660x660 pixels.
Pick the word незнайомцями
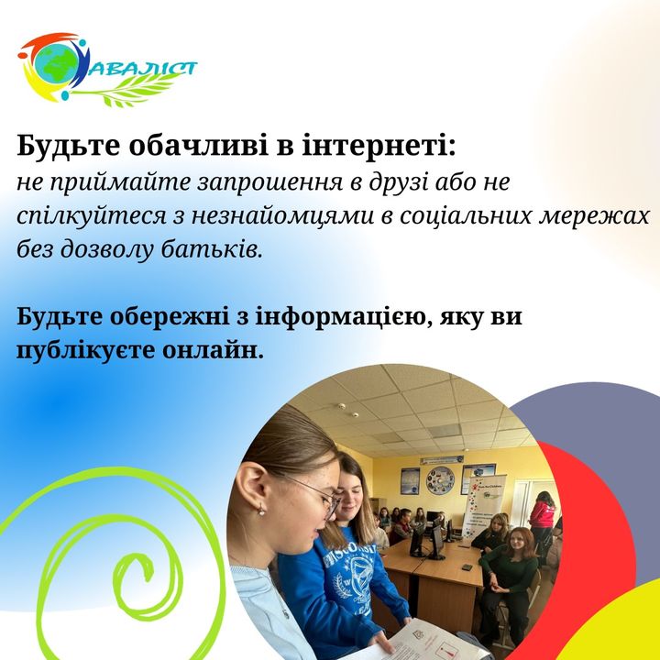tap(283, 217)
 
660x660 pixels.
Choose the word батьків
tap(213, 249)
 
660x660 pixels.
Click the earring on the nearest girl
tap(261, 511)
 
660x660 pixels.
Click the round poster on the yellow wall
tap(440, 480)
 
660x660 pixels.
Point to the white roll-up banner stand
tap(483, 506)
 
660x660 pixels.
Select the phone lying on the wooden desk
tap(467, 567)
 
